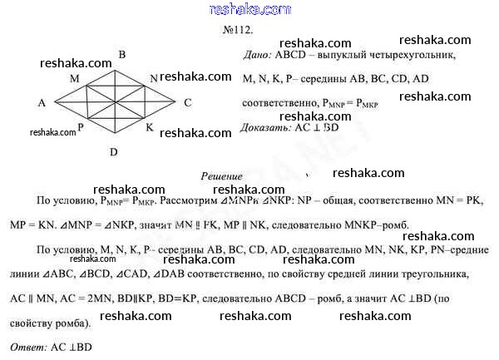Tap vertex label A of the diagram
tap(41, 103)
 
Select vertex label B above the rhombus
tap(122, 56)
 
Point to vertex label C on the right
tap(189, 102)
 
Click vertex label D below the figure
tap(113, 152)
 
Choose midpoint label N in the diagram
tap(155, 78)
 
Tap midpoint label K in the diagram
tap(150, 127)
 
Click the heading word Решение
tap(222, 176)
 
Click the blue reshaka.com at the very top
tap(249, 9)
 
